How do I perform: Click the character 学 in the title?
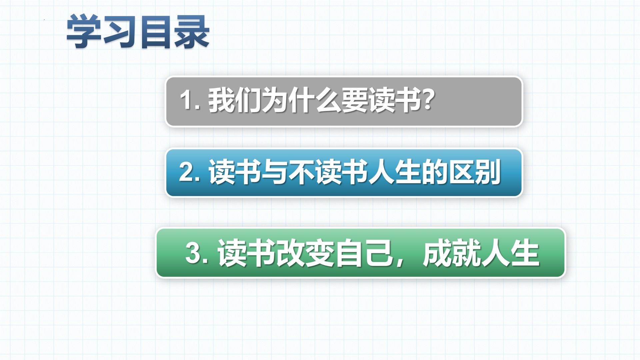point(83,32)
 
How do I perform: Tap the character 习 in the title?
point(120,32)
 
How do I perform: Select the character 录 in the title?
point(191,32)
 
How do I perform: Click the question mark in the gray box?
point(427,100)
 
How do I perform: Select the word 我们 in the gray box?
point(235,100)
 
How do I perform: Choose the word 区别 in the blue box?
point(475,171)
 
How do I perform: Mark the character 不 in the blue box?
point(301,171)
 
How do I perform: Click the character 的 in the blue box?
point(435,171)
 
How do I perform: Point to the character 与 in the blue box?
point(275,171)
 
